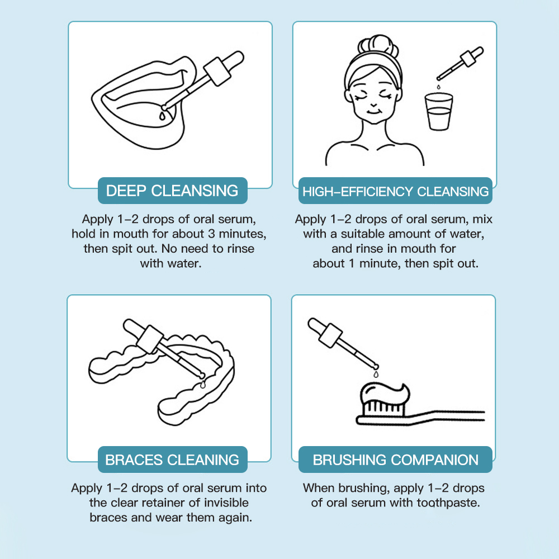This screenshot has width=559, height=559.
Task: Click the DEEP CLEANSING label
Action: (173, 191)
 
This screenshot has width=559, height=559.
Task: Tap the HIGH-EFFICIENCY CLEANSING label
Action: (395, 191)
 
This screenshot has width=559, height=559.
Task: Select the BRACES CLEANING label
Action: (173, 459)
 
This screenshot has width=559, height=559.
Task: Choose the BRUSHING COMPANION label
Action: (395, 459)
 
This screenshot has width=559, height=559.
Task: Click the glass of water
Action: (439, 112)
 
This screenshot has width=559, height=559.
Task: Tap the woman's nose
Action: (373, 105)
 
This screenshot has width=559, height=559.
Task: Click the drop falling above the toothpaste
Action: (376, 374)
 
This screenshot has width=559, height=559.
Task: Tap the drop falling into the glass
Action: (438, 87)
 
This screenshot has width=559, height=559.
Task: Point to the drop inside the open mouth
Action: (162, 116)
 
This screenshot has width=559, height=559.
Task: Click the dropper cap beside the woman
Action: (468, 59)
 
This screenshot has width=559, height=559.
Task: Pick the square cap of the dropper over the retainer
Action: (150, 339)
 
